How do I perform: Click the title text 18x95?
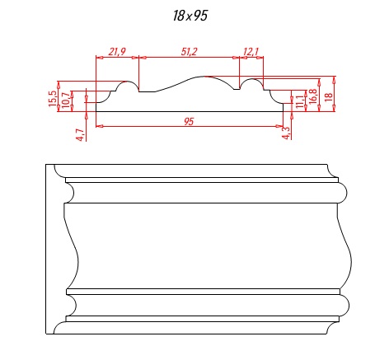pos(190,16)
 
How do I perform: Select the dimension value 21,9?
pos(117,51)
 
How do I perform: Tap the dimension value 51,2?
pos(189,51)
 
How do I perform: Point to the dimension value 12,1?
pos(251,51)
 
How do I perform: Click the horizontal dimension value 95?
pos(189,121)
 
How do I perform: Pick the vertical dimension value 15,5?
pos(53,99)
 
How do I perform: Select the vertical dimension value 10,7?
pos(66,100)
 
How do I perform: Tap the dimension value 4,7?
pos(80,134)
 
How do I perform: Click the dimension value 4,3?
pos(286,133)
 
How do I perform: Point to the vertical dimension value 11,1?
pos(300,101)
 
